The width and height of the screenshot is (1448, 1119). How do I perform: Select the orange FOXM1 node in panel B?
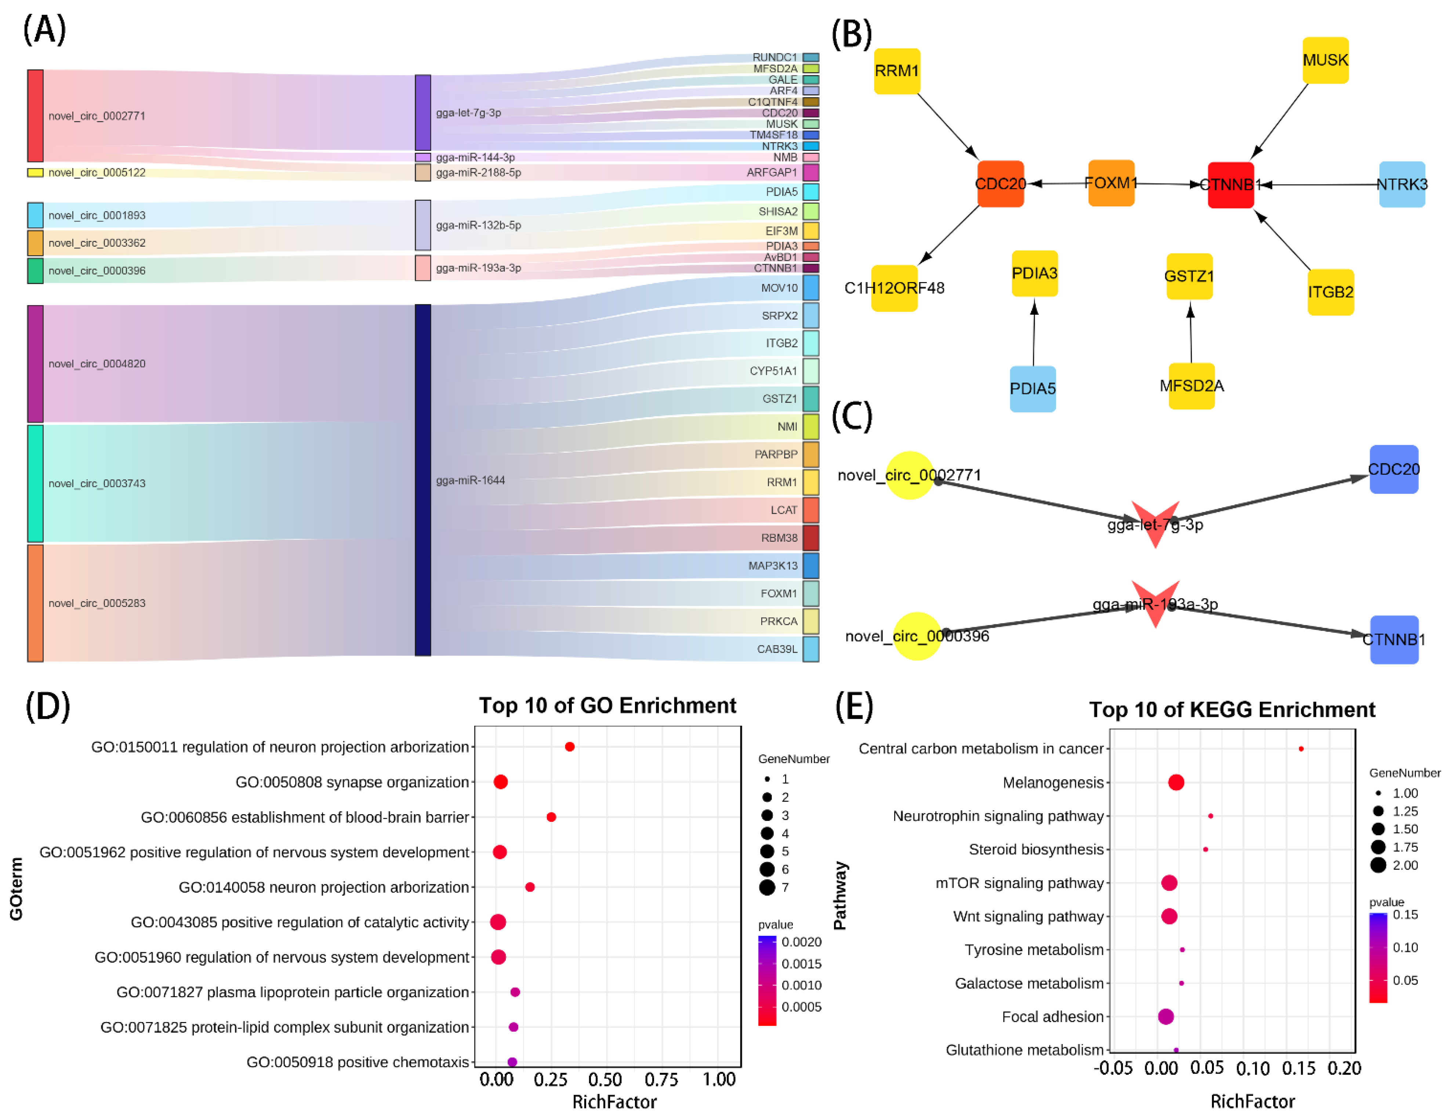point(1111,183)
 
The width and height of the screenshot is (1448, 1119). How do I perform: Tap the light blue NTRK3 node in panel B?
point(1402,184)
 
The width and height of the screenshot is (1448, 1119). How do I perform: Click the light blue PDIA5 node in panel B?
point(1032,389)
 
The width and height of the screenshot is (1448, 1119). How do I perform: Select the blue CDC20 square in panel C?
point(1394,469)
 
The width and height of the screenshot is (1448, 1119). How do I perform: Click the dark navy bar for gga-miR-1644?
point(422,480)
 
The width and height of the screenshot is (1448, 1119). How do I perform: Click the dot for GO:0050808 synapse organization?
point(501,782)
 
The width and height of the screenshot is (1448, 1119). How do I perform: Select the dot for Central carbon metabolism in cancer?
point(1301,749)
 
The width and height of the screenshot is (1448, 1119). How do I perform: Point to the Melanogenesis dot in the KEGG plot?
point(1176,783)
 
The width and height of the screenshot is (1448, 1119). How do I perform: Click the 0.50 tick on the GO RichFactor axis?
point(605,1080)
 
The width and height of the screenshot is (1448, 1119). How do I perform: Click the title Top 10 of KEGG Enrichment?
point(1232,710)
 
